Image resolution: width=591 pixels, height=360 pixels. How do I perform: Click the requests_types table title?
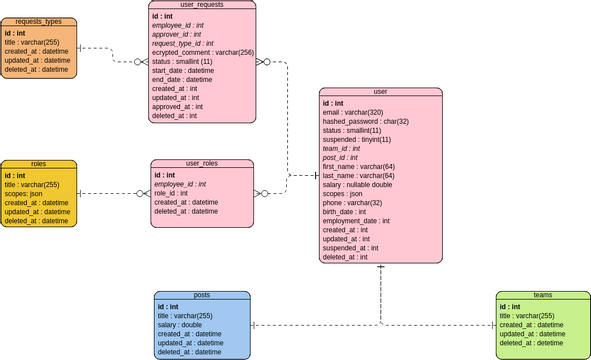[38, 20]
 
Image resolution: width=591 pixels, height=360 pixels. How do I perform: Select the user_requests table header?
[201, 5]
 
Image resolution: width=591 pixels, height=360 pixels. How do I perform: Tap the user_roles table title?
[201, 163]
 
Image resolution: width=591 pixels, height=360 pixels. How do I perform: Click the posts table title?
[201, 296]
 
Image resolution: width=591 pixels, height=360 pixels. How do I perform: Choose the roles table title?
[38, 163]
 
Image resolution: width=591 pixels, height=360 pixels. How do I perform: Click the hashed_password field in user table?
[365, 121]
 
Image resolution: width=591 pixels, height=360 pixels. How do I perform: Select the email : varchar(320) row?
[360, 112]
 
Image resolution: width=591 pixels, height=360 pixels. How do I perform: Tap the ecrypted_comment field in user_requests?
[203, 52]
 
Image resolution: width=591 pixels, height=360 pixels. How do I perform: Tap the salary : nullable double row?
[357, 184]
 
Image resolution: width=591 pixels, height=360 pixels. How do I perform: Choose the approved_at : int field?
[179, 106]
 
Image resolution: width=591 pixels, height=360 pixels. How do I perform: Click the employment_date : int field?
[356, 220]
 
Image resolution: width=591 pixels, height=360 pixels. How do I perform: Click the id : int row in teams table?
[511, 307]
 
